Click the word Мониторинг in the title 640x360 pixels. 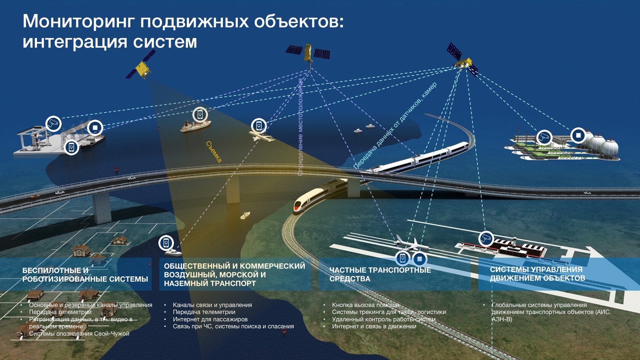tap(78, 22)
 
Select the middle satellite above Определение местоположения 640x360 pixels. tap(308, 54)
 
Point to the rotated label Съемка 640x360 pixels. tap(214, 152)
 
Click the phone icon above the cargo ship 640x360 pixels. tap(200, 114)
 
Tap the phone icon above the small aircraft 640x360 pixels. tap(259, 125)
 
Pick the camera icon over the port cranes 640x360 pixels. tap(54, 123)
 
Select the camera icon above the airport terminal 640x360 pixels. tap(486, 239)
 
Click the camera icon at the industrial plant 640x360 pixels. tap(544, 137)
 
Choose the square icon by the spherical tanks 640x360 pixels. tap(578, 135)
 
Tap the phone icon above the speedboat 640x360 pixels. tap(166, 243)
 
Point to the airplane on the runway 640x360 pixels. tap(410, 243)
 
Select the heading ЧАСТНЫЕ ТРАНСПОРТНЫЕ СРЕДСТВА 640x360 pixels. tap(380, 274)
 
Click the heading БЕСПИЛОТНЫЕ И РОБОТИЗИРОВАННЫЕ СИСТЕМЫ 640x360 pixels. tap(85, 275)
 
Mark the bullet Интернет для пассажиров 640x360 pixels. tap(210, 319)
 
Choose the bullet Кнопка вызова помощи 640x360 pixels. tap(365, 305)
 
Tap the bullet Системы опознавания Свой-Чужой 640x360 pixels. tap(79, 334)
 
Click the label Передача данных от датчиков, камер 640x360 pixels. tap(395, 126)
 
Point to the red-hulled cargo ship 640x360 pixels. tap(195, 126)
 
